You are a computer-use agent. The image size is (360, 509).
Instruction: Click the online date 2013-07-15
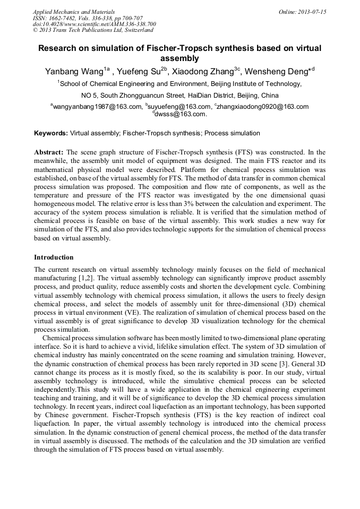tap(313, 12)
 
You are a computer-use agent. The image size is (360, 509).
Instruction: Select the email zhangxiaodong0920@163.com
tap(262, 107)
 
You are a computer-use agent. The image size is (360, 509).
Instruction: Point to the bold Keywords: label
tap(51, 133)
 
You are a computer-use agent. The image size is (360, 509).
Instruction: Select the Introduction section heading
tap(54, 257)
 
